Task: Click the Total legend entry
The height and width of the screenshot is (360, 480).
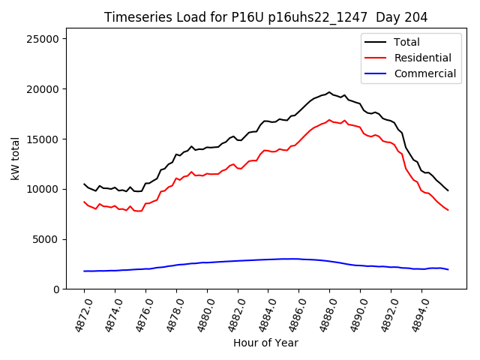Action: point(407,42)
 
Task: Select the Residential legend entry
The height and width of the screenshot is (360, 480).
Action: point(422,58)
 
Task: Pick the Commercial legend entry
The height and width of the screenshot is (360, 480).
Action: point(424,73)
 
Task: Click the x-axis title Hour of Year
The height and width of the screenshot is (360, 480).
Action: point(265,343)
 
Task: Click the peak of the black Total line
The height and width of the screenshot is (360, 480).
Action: point(329,92)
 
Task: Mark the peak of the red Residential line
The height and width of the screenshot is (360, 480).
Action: point(329,119)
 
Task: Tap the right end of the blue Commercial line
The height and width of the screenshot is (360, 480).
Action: point(448,269)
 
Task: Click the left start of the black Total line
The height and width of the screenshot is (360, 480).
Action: point(84,184)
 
